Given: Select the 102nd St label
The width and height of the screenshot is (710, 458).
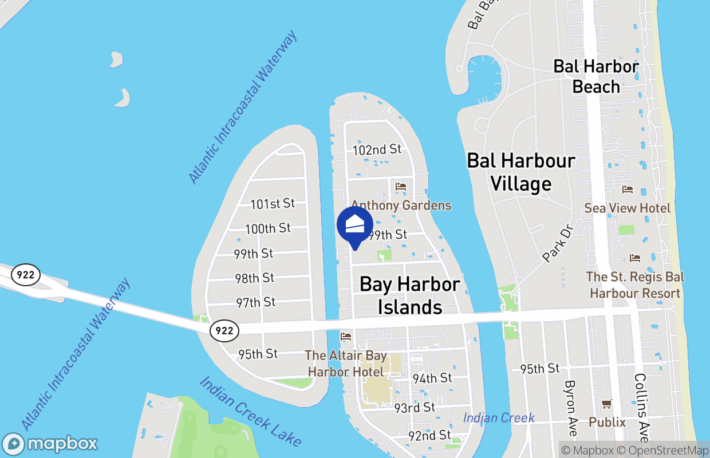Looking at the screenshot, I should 377,149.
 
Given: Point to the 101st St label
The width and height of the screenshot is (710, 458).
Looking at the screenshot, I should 273,203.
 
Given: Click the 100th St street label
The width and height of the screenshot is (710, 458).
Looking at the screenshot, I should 268,228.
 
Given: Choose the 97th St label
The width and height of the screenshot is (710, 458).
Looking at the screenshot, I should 255,302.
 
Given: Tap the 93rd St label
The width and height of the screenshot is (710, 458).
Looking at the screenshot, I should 415,408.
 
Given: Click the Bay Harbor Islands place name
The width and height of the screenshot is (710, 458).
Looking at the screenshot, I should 410,295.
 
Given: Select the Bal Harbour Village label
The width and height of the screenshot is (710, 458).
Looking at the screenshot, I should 521,172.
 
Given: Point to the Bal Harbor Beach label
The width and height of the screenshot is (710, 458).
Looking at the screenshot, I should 596,76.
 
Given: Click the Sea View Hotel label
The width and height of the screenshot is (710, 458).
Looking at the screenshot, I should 628,208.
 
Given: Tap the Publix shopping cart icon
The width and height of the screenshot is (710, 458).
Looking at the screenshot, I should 607,404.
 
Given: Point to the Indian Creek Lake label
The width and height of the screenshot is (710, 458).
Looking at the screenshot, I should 250,411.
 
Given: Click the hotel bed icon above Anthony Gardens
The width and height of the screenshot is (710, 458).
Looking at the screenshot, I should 401,187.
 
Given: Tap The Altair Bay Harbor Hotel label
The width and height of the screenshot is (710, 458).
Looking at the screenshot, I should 346,364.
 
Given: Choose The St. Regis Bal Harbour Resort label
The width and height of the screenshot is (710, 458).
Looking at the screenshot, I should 635,285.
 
